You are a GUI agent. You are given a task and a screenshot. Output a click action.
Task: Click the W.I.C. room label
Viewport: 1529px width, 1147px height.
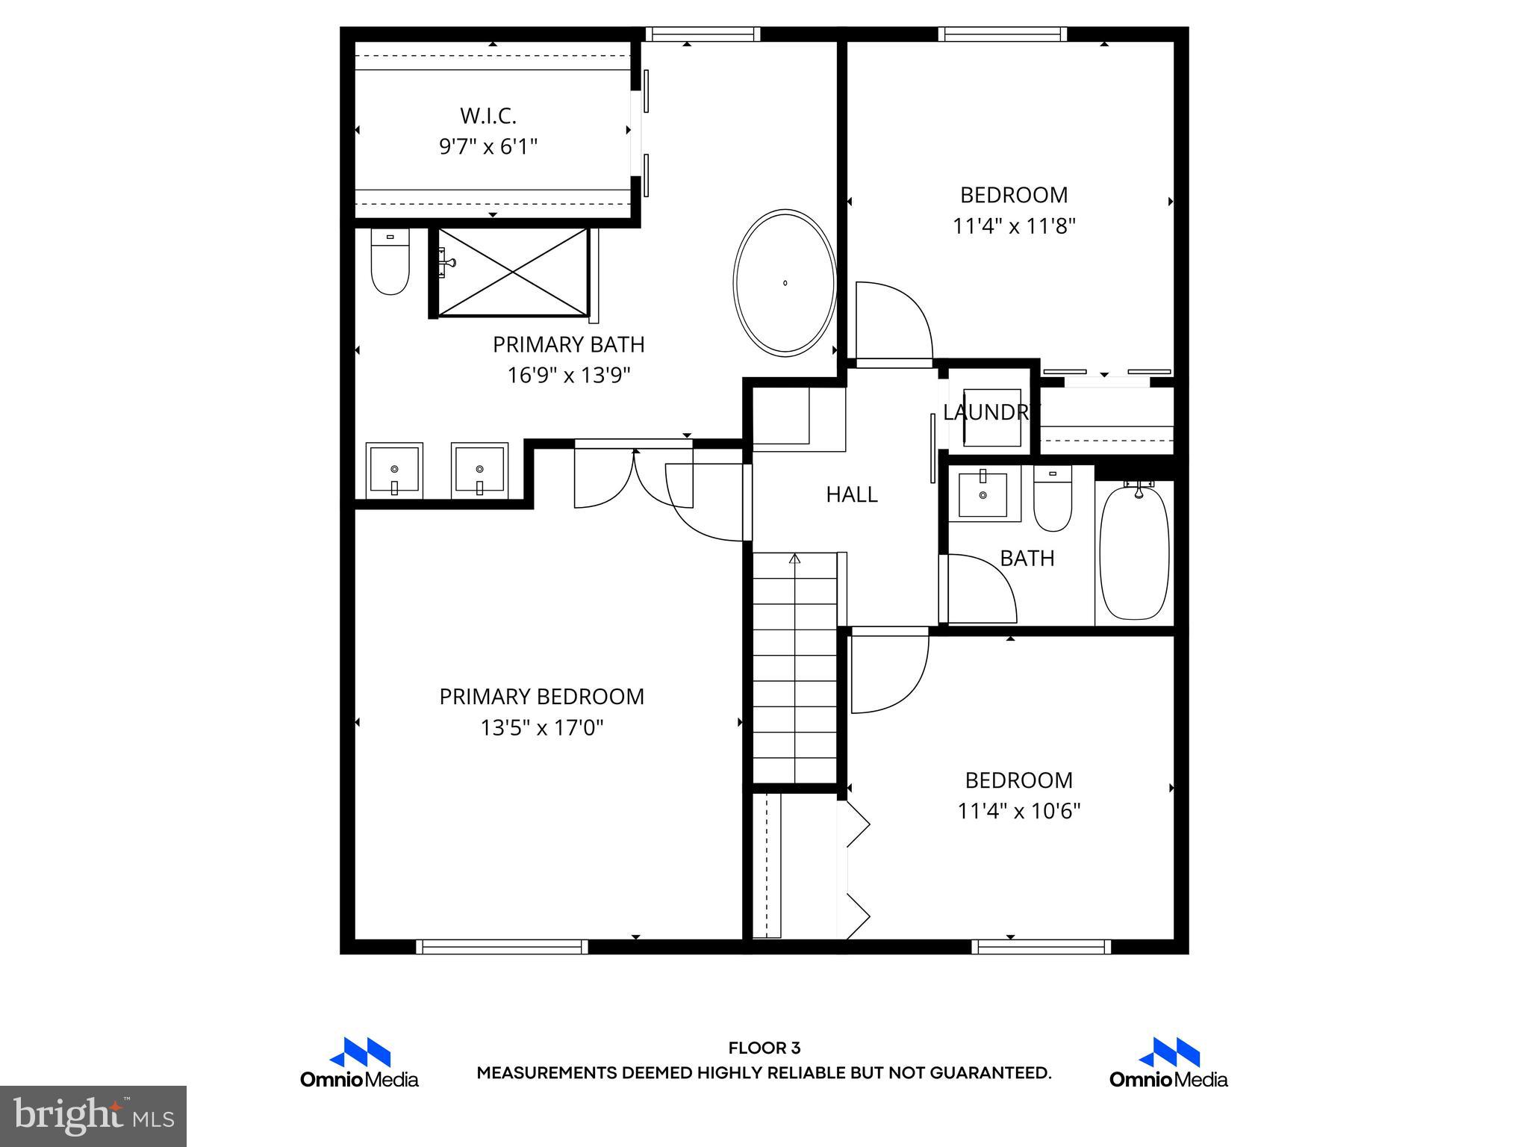488,116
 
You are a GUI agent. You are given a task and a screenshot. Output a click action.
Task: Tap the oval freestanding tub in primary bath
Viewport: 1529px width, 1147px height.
785,282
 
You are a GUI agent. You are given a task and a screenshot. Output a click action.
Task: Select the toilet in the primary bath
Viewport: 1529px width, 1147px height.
390,262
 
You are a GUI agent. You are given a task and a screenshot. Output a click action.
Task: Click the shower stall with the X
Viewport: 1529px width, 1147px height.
512,272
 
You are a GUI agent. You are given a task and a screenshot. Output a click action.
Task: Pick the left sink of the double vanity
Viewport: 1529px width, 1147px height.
394,470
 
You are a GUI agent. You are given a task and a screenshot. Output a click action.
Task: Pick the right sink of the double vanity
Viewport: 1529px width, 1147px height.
479,470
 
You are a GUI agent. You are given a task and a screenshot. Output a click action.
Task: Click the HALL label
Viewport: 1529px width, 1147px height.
851,494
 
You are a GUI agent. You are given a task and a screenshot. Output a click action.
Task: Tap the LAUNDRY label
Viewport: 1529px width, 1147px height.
990,412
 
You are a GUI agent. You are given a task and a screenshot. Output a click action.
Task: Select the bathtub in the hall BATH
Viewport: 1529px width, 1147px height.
1134,552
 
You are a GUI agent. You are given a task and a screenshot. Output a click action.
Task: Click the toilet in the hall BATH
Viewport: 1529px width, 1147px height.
1053,498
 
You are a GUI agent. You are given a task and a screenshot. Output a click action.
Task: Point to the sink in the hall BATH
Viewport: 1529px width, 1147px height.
983,494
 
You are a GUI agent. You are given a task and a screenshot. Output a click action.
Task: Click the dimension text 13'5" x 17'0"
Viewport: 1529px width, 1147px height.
541,727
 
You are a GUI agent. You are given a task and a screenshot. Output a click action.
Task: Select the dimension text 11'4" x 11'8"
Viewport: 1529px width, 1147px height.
1013,226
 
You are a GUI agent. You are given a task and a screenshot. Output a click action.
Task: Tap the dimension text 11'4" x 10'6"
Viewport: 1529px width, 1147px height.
1018,811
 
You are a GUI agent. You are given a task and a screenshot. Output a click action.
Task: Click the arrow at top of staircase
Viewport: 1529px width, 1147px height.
794,559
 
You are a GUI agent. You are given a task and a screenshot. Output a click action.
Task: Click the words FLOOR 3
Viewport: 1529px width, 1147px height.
764,1048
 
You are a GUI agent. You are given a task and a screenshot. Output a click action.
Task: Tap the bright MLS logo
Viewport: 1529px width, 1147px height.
93,1116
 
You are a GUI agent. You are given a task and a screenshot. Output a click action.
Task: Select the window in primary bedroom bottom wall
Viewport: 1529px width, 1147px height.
502,947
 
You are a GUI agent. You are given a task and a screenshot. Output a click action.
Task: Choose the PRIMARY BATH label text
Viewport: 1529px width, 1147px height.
568,344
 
